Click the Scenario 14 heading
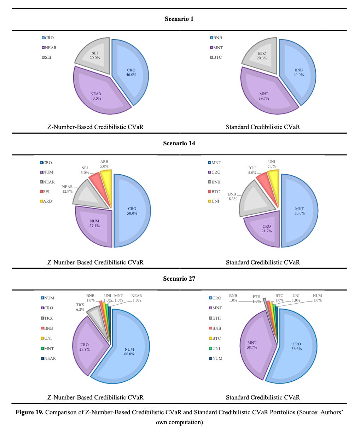click(x=179, y=143)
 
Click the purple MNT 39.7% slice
click(x=266, y=93)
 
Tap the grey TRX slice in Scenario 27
click(x=97, y=316)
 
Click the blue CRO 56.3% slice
click(x=294, y=350)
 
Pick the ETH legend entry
click(x=215, y=318)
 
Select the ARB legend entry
click(x=46, y=201)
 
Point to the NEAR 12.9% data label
click(x=68, y=189)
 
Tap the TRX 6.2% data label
click(x=80, y=307)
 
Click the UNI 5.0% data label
click(x=272, y=164)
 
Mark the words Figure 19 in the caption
click(x=29, y=412)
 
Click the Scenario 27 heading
click(x=179, y=279)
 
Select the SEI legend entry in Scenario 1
click(x=46, y=57)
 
